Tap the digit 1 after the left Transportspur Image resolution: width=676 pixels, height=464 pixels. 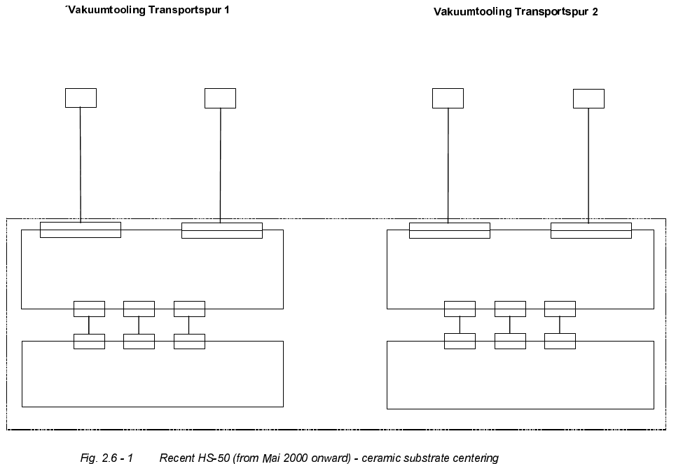tap(226, 11)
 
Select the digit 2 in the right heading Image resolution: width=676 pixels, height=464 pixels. tap(595, 12)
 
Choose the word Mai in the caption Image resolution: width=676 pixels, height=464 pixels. tap(269, 458)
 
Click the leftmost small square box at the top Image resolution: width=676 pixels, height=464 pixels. tap(81, 98)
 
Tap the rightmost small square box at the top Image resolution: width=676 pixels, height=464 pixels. tap(588, 98)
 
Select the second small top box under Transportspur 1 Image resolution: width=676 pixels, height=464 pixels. tap(220, 98)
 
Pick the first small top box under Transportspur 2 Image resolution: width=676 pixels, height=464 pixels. tap(448, 98)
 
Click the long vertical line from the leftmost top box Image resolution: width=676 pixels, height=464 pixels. tap(81, 164)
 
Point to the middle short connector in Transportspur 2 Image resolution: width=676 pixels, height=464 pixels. tap(510, 325)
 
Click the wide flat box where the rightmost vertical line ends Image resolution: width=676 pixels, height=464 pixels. tap(591, 230)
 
